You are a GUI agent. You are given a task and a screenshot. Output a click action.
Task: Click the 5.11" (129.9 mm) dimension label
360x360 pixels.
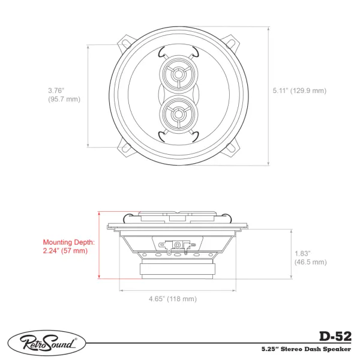[299, 91]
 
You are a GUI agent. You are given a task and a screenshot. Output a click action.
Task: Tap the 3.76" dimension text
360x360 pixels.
[56, 90]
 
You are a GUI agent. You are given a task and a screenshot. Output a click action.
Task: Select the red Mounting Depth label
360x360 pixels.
[68, 242]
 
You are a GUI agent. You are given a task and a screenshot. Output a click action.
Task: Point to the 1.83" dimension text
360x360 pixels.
[302, 253]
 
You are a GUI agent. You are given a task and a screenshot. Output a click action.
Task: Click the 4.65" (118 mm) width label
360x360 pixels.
[173, 299]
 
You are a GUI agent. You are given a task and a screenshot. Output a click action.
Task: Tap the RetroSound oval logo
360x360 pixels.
[47, 343]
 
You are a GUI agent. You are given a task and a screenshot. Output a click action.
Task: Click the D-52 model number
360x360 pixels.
[335, 337]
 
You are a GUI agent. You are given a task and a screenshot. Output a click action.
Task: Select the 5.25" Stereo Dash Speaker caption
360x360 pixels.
[306, 349]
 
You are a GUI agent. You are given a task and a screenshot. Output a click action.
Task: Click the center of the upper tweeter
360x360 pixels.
[177, 74]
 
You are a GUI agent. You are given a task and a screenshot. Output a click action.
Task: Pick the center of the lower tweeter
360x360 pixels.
[177, 114]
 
